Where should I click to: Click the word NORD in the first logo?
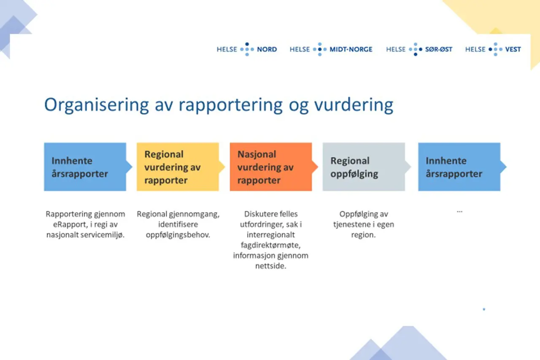tap(267, 49)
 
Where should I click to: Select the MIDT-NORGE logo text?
tap(351, 49)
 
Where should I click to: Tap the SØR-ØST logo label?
tap(438, 49)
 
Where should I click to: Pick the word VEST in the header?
tap(513, 49)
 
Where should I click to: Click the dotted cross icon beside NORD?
tap(247, 49)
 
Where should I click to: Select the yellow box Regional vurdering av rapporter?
tap(178, 167)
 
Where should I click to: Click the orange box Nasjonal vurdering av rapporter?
tap(270, 167)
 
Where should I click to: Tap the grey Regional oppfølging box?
tap(364, 167)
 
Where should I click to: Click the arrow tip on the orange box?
tap(315, 167)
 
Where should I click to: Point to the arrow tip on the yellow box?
tap(222, 167)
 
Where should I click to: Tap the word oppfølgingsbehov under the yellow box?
tap(178, 235)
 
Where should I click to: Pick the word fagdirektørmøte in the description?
tap(270, 245)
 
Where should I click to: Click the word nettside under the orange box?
tap(270, 266)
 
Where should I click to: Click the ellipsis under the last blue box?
tap(459, 211)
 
